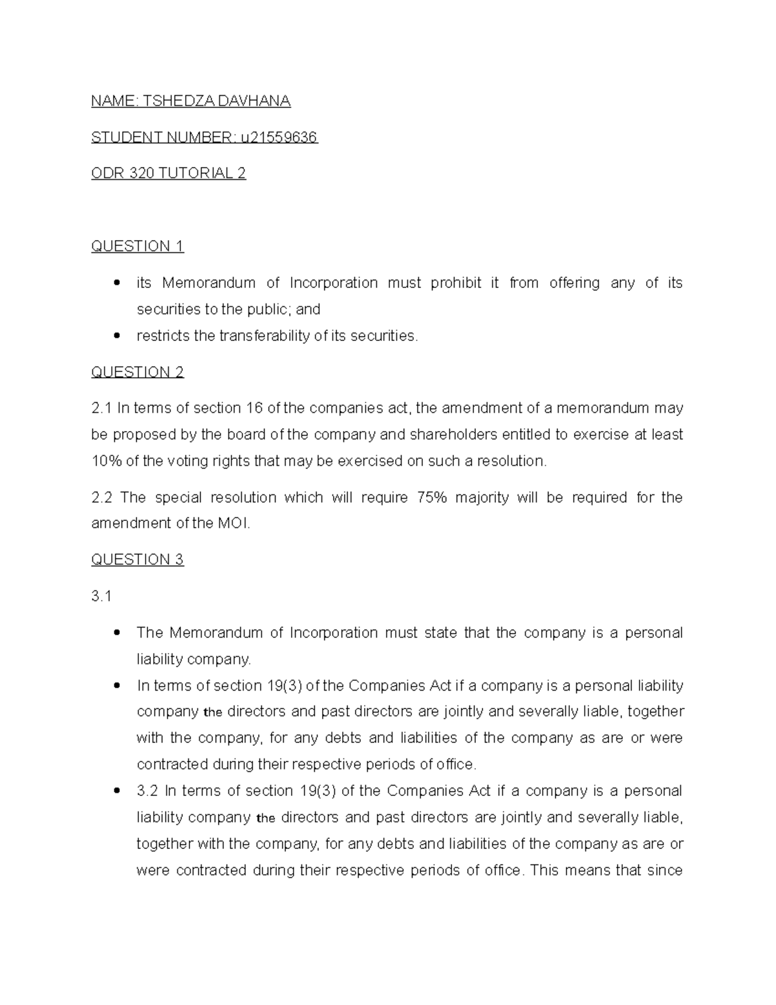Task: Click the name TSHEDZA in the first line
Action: (x=169, y=101)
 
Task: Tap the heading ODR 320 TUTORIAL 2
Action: (x=168, y=173)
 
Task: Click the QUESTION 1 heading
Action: (x=137, y=246)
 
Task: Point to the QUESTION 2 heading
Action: (x=137, y=372)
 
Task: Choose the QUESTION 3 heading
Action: (x=137, y=560)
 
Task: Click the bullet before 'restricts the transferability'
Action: (x=116, y=336)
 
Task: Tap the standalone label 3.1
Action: (x=101, y=597)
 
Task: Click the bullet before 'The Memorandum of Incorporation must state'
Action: (x=116, y=633)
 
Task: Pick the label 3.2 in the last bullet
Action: (x=147, y=791)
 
